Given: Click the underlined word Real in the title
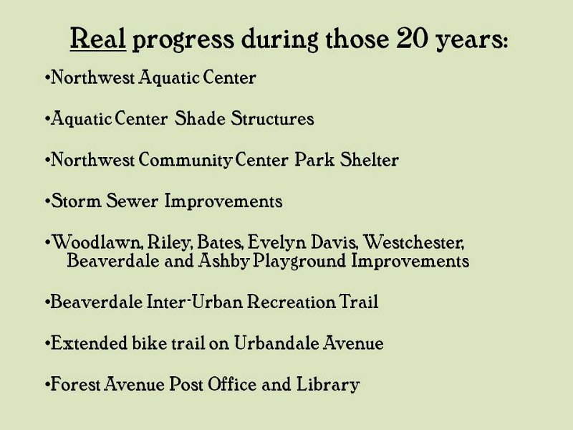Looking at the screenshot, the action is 98,39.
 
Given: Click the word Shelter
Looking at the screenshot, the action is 369,159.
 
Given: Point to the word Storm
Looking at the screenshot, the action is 76,201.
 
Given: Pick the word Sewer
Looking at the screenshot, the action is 132,201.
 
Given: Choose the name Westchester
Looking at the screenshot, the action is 414,242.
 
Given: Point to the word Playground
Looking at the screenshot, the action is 299,262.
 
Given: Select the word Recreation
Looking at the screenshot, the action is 291,302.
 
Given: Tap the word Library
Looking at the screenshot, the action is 328,385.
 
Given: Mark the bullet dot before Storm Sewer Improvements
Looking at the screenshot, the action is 47,201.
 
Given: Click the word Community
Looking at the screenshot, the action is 186,160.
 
